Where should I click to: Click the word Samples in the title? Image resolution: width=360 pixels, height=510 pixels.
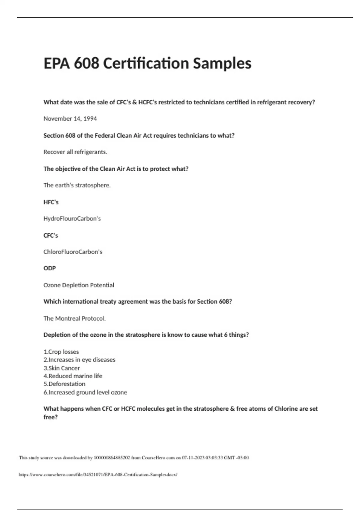pos(222,63)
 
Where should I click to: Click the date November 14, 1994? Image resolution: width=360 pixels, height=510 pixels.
pos(70,118)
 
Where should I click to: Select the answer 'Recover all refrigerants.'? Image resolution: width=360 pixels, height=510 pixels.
pos(75,152)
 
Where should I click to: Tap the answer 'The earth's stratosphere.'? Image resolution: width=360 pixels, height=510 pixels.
pos(77,185)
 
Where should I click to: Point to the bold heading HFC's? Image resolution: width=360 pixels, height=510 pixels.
pos(51,202)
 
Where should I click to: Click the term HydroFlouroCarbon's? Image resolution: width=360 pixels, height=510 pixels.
pos(72,218)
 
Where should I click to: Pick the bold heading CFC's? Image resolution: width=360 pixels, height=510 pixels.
pos(51,235)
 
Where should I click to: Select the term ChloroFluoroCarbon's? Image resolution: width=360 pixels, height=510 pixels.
pos(73,252)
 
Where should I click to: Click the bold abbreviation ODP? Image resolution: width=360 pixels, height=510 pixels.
pos(50,268)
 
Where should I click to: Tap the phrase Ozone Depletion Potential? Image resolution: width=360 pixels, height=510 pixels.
pos(79,285)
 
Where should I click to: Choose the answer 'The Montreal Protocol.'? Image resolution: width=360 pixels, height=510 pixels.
pos(75,318)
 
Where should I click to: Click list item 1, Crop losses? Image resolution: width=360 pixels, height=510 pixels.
pos(61,352)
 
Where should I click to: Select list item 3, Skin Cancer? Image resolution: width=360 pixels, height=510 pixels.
pos(62,368)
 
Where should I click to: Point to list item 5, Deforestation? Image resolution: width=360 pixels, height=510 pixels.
pos(64,384)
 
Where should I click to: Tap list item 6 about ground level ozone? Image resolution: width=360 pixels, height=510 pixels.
pos(85,392)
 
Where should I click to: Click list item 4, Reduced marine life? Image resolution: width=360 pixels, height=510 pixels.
pos(73,376)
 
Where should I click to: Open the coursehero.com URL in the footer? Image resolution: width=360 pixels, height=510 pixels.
pos(98,475)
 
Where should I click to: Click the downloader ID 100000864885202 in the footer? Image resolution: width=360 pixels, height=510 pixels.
pos(112,458)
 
